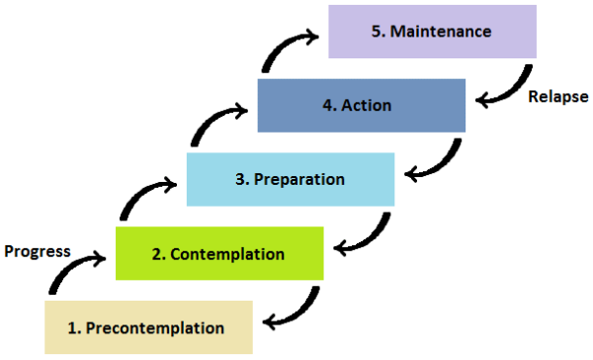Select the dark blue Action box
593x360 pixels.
[361, 106]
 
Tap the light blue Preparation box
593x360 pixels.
[290, 179]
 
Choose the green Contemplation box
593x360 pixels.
[219, 253]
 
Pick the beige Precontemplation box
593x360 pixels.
[148, 326]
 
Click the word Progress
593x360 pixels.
[37, 250]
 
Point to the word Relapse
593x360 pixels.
[557, 97]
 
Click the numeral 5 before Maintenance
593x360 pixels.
[377, 32]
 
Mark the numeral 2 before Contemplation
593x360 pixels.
[157, 254]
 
